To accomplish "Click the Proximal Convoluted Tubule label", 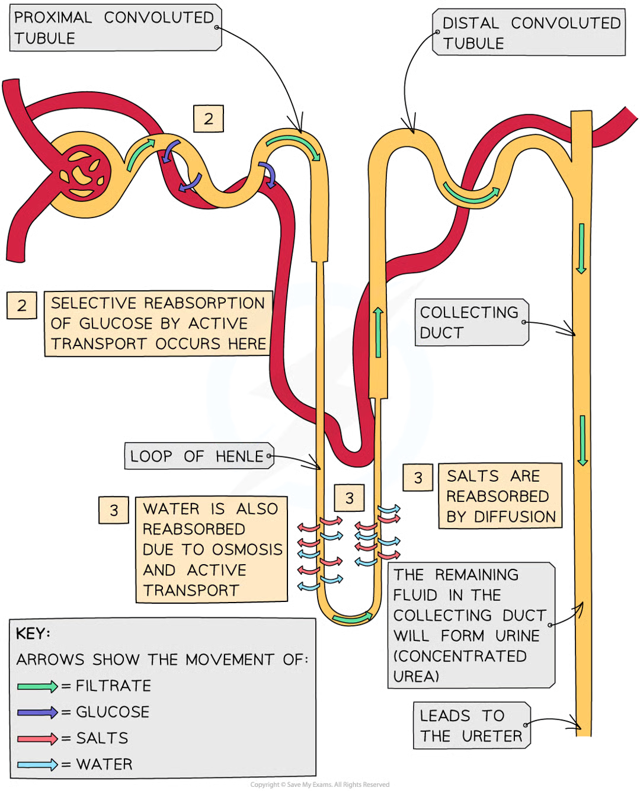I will tap(114, 27).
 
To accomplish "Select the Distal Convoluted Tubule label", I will tap(530, 33).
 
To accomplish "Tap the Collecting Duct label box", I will tap(469, 322).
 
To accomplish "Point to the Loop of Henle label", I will tap(197, 456).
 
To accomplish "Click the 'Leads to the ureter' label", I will tap(471, 726).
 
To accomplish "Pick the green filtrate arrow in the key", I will tap(37, 686).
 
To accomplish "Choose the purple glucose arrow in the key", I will tap(37, 712).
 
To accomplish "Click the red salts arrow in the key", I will tap(37, 738).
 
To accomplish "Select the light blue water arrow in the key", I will tap(37, 764).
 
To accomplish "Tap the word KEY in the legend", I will tap(33, 633).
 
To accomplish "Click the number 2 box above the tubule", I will tap(208, 119).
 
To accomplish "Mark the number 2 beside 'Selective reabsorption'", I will tap(22, 305).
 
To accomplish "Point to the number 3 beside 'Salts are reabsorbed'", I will tap(418, 478).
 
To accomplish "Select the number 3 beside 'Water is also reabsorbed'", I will tap(114, 510).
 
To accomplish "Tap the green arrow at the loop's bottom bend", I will tap(351, 619).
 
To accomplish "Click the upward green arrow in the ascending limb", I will tap(377, 332).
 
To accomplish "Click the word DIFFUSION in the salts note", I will tap(514, 517).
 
